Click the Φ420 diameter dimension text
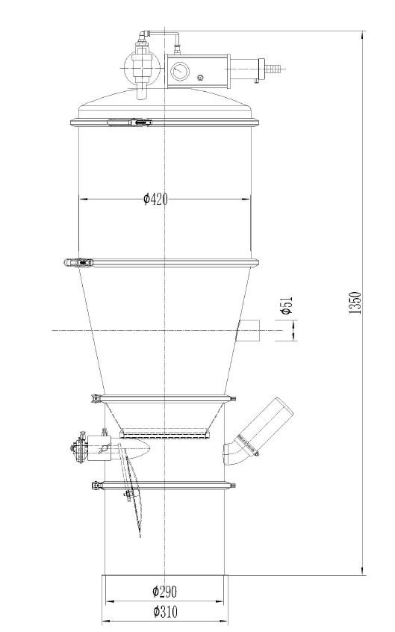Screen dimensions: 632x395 pos(156,199)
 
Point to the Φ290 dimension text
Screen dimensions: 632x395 pos(164,592)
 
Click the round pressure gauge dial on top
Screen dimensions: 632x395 pos(180,72)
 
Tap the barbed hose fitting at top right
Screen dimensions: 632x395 pos(273,69)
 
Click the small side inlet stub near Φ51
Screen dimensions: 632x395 pos(249,329)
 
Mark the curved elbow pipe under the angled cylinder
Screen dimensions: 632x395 pos(231,451)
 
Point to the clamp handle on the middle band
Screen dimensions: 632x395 pos(77,262)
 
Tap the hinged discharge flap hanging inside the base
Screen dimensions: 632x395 pos(132,493)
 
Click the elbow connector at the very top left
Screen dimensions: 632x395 pos(144,35)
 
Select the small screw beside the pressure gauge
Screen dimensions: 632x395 pos(200,78)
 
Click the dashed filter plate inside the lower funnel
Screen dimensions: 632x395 pos(164,433)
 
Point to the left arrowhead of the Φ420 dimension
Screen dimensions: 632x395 pos(81,199)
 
